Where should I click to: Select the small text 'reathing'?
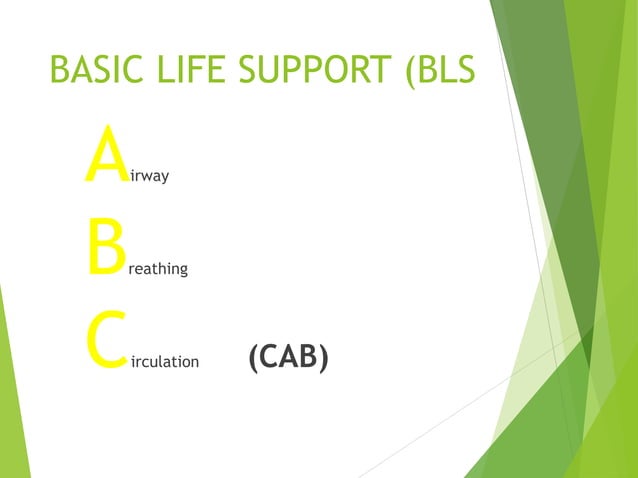click(157, 270)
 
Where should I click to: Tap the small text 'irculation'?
click(165, 361)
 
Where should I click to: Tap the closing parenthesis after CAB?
click(323, 357)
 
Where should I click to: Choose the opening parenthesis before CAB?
click(252, 357)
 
